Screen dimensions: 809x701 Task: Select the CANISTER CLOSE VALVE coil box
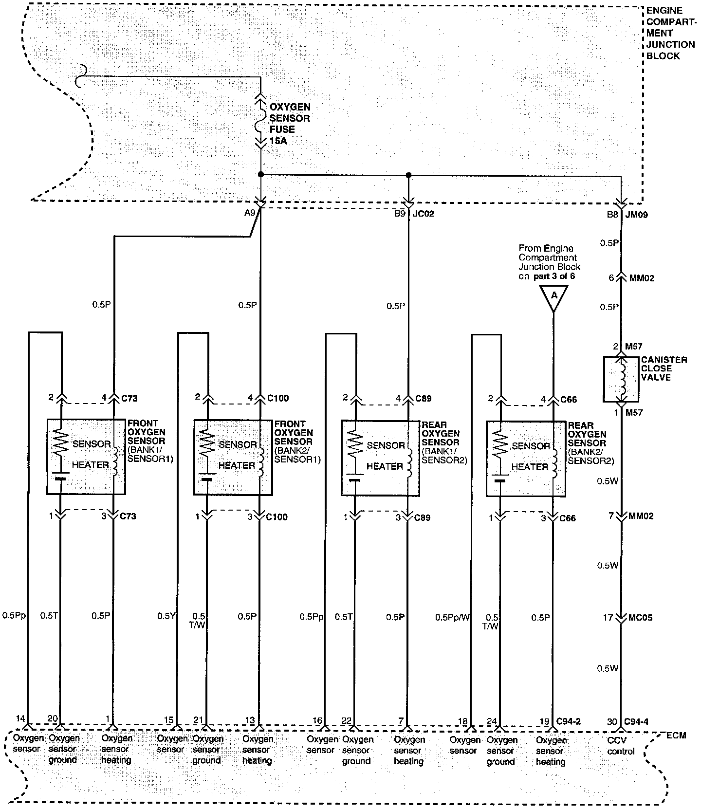click(x=621, y=379)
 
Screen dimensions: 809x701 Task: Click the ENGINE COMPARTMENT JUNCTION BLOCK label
click(x=670, y=33)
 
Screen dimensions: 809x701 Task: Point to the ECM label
click(x=676, y=735)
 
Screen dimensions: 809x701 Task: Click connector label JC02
click(x=424, y=213)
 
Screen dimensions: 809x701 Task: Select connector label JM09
click(x=637, y=214)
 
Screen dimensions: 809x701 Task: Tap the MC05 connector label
click(x=641, y=617)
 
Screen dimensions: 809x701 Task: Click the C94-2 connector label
click(x=569, y=721)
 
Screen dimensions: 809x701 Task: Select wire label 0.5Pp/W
click(x=453, y=617)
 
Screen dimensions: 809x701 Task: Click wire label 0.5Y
click(x=166, y=616)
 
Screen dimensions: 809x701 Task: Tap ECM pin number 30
click(x=612, y=721)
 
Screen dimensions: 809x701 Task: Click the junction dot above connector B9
click(x=408, y=174)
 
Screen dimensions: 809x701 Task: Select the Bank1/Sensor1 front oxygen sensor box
click(x=86, y=456)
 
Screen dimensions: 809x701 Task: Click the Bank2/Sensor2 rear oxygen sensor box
click(x=526, y=459)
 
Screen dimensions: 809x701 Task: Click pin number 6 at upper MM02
click(x=611, y=278)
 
